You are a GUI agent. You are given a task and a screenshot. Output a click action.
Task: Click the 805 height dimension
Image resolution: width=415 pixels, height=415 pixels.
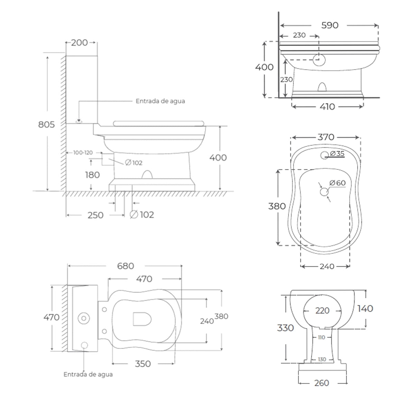(x=46, y=124)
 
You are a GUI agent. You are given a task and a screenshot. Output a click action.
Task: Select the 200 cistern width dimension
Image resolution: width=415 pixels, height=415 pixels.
(x=80, y=43)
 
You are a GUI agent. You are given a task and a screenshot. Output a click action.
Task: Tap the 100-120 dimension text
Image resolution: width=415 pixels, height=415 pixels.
(x=83, y=153)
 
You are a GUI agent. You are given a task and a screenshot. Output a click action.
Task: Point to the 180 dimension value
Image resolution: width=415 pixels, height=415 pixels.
(x=92, y=175)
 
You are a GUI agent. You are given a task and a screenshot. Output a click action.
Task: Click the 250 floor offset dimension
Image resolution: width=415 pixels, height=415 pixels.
(x=95, y=215)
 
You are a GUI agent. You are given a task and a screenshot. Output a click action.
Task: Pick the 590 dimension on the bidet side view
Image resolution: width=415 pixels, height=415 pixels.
(x=330, y=25)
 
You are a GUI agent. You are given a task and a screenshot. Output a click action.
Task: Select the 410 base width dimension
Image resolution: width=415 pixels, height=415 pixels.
(x=327, y=107)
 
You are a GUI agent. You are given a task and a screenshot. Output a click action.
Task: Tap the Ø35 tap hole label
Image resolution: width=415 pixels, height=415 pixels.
(x=338, y=154)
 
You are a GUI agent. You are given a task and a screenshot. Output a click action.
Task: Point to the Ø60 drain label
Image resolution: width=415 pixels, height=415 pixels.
(x=338, y=183)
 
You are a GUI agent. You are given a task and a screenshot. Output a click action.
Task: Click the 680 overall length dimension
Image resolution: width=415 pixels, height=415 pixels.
(x=125, y=266)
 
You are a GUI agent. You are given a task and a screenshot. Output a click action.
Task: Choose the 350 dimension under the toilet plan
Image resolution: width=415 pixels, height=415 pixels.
(x=143, y=364)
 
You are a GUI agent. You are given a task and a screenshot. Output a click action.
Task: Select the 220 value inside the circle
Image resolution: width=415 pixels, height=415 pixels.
(x=322, y=311)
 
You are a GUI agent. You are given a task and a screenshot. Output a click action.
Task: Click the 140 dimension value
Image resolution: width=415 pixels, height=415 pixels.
(x=365, y=308)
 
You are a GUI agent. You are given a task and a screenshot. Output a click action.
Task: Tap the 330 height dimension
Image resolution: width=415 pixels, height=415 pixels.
(x=285, y=328)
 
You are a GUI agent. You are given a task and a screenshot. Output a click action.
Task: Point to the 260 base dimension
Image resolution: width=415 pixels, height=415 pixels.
(x=322, y=383)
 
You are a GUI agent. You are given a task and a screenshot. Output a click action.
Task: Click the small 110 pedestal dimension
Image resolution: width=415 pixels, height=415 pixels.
(x=321, y=338)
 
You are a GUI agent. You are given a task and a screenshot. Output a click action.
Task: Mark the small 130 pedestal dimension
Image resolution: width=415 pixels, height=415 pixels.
(x=322, y=359)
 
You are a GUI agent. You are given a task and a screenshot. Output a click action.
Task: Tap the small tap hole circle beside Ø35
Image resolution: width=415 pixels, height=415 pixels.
(x=325, y=155)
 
